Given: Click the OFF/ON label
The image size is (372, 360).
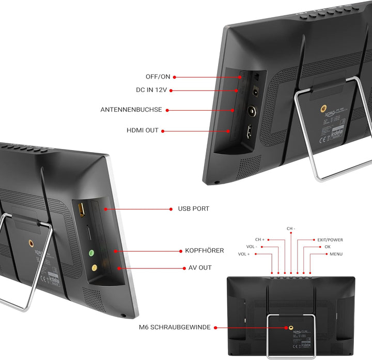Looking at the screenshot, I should (x=158, y=77).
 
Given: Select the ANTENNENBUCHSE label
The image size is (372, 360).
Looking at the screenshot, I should (x=131, y=110).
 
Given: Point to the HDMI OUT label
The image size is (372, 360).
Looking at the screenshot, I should (x=143, y=130).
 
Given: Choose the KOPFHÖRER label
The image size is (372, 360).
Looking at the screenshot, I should (x=205, y=250).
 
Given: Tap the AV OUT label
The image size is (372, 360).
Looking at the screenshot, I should (x=197, y=268).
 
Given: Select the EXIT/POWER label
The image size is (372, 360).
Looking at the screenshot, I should (x=330, y=240).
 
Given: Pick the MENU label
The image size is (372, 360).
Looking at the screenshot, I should (x=336, y=254).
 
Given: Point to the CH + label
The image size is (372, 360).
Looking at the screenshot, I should (x=259, y=240).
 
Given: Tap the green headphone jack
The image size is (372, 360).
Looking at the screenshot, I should (x=91, y=253).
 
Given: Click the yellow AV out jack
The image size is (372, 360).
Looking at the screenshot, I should (x=94, y=268).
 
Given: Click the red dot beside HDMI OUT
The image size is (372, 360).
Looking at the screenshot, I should (x=163, y=131).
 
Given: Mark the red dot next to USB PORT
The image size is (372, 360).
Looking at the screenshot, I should (x=171, y=209).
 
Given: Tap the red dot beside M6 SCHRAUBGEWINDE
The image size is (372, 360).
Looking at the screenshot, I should (x=215, y=327).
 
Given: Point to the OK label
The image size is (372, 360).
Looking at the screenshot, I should (x=328, y=247).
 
